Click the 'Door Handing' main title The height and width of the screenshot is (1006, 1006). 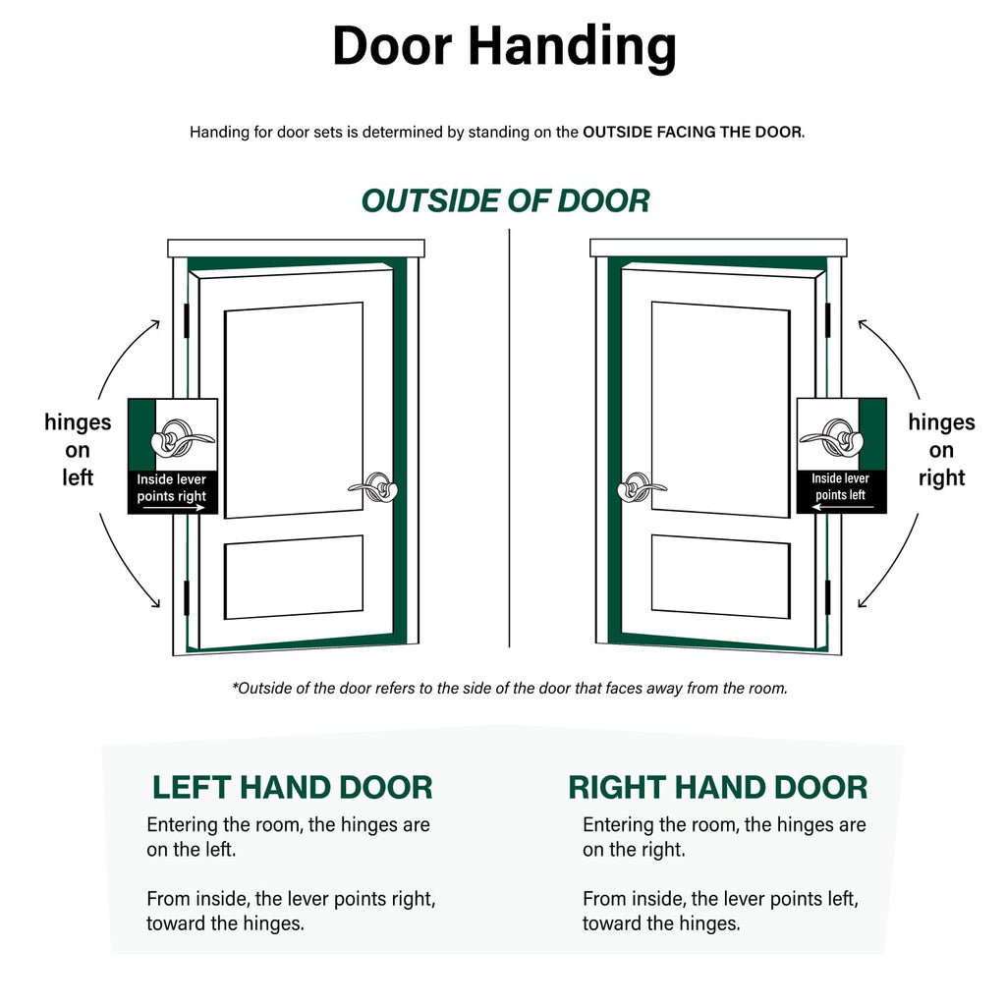tap(504, 47)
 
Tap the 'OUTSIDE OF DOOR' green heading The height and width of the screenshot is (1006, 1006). tap(506, 200)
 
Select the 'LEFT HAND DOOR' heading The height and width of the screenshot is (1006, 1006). tap(293, 787)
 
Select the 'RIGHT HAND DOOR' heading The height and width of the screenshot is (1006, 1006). tap(718, 787)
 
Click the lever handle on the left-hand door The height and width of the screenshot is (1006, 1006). tap(374, 487)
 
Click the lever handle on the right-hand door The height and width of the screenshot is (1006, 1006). tap(641, 487)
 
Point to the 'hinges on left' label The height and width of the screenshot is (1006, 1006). tap(78, 450)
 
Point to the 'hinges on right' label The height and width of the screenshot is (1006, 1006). tap(941, 450)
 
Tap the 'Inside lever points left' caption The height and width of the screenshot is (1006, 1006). tap(841, 486)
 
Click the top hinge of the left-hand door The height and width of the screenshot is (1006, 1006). tap(187, 320)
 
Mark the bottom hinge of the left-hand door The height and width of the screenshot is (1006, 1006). tap(187, 597)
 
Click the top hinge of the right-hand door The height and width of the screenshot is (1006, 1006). tap(827, 320)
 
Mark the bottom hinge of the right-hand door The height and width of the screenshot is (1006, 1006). tap(827, 597)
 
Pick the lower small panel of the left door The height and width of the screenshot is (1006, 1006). tap(294, 577)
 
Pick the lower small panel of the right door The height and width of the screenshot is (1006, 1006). tap(720, 577)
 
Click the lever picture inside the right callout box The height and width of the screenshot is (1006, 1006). tap(832, 439)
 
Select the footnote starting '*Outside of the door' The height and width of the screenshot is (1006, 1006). tap(510, 689)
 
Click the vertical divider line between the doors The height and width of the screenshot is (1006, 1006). tap(510, 437)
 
